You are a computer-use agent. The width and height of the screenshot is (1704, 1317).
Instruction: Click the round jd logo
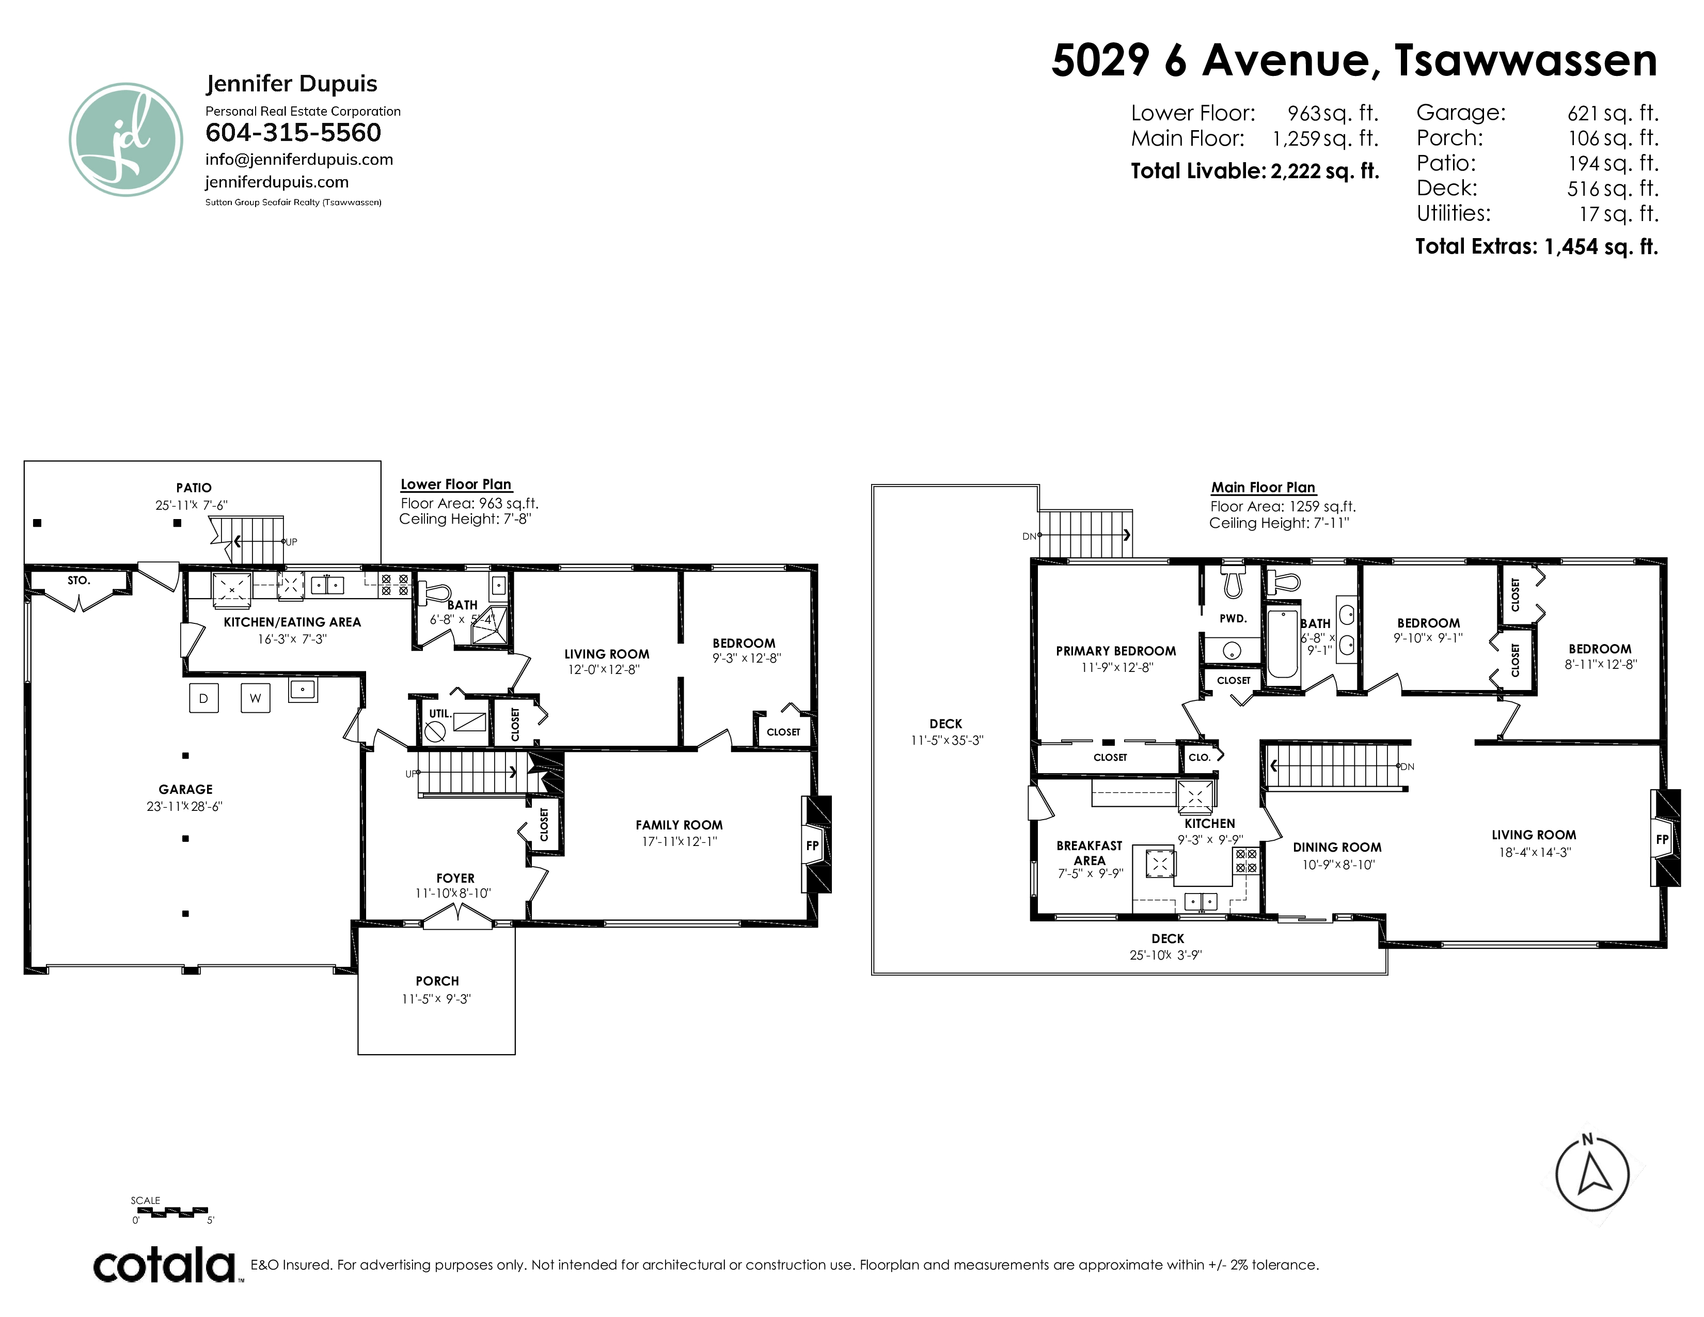pyautogui.click(x=125, y=139)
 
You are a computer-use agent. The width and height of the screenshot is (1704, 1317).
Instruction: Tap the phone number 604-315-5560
pyautogui.click(x=293, y=133)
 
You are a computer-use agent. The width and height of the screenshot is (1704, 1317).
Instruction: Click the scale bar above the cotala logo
pyautogui.click(x=169, y=1212)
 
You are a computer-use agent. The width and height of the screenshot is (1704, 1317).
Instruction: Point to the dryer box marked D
pyautogui.click(x=203, y=698)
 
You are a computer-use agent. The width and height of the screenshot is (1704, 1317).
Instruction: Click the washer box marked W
pyautogui.click(x=255, y=698)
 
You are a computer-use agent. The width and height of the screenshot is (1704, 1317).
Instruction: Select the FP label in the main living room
pyautogui.click(x=1662, y=839)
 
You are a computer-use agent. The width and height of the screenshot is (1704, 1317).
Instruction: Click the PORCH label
pyautogui.click(x=437, y=981)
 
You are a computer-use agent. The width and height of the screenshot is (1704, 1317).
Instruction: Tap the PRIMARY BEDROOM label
pyautogui.click(x=1116, y=651)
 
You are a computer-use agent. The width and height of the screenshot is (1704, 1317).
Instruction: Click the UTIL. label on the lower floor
pyautogui.click(x=440, y=714)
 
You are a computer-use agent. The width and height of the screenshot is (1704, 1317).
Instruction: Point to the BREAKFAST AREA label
pyautogui.click(x=1089, y=853)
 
